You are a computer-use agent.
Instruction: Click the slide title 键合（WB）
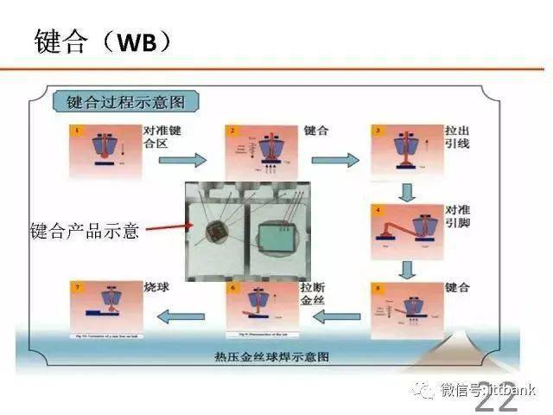[x=102, y=41]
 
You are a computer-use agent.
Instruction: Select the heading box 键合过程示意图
[x=126, y=101]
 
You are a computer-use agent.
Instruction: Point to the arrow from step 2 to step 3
[x=334, y=161]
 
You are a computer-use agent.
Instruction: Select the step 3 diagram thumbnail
[x=405, y=149]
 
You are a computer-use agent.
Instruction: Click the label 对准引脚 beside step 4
[x=457, y=217]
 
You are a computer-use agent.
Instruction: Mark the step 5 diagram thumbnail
[x=406, y=307]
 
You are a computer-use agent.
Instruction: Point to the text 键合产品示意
[x=85, y=231]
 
